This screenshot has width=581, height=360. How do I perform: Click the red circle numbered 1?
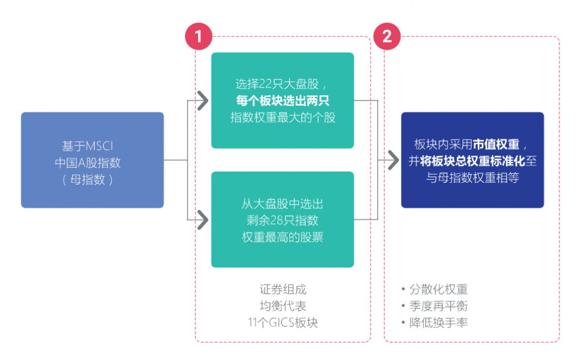click(199, 36)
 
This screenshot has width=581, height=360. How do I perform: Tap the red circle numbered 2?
click(387, 36)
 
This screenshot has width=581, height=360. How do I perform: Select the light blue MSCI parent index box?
click(92, 160)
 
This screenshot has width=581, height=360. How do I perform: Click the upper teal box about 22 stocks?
click(283, 101)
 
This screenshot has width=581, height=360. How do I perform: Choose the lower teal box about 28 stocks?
click(283, 220)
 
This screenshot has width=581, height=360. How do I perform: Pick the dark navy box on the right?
click(473, 160)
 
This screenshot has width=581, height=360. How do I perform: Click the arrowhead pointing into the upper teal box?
click(203, 101)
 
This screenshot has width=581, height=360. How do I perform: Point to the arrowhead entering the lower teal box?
click(203, 220)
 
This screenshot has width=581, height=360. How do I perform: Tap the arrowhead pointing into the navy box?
click(394, 160)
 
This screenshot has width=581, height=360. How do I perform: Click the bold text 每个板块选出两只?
click(283, 101)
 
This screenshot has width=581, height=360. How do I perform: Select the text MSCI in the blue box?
click(99, 146)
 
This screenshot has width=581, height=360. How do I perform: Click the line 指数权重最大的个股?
click(283, 118)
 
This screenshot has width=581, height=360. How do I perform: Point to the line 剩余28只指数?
click(283, 220)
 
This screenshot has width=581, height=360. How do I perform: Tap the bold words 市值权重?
click(496, 144)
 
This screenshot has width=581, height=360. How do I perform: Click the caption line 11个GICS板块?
click(283, 323)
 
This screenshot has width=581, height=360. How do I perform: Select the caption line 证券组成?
click(283, 289)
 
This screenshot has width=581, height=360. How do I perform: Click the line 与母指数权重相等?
click(473, 178)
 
